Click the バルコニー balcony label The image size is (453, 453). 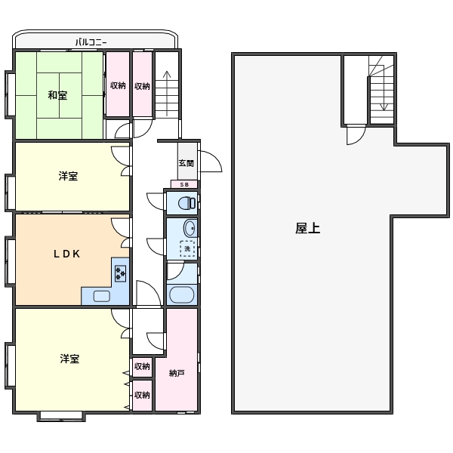coord(91,42)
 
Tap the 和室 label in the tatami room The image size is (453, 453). coord(57,95)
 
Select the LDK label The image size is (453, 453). coord(66,254)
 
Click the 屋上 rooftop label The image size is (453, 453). coord(308,228)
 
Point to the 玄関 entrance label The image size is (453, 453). coord(186,163)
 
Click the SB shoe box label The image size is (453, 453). coord(184,185)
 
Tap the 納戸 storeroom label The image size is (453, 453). coord(177,373)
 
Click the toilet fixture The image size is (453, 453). coord(186,203)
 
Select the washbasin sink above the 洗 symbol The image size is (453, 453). coord(190,229)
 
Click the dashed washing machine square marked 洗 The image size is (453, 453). coord(187,248)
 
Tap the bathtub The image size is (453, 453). coord(182,294)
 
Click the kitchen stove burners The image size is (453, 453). coord(120,273)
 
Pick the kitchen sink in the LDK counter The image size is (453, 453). coord(101,296)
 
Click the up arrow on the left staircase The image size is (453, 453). coord(167,94)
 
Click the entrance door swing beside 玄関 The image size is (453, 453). coord(211,162)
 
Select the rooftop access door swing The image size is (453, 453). coord(356,135)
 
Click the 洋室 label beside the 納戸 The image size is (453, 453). coord(69,359)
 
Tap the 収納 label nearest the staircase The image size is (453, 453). coord(142,86)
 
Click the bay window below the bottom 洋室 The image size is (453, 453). coord(61,416)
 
